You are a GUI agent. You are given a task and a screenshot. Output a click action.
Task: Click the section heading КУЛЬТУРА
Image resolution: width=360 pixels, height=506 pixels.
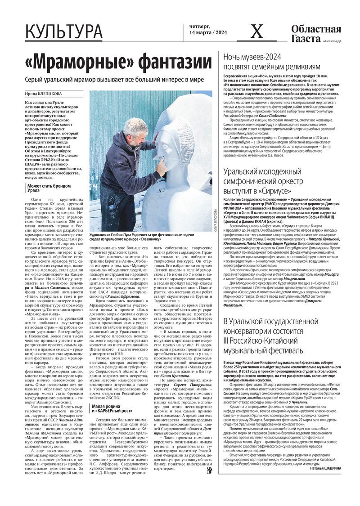click(x=64, y=32)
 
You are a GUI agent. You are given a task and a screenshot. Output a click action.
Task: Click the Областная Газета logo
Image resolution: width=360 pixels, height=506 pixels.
click(x=316, y=34)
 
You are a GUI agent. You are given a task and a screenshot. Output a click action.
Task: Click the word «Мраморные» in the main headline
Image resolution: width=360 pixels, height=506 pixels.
click(x=74, y=62)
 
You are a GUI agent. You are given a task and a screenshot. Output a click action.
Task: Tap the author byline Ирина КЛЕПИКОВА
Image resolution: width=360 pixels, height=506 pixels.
click(x=43, y=94)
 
